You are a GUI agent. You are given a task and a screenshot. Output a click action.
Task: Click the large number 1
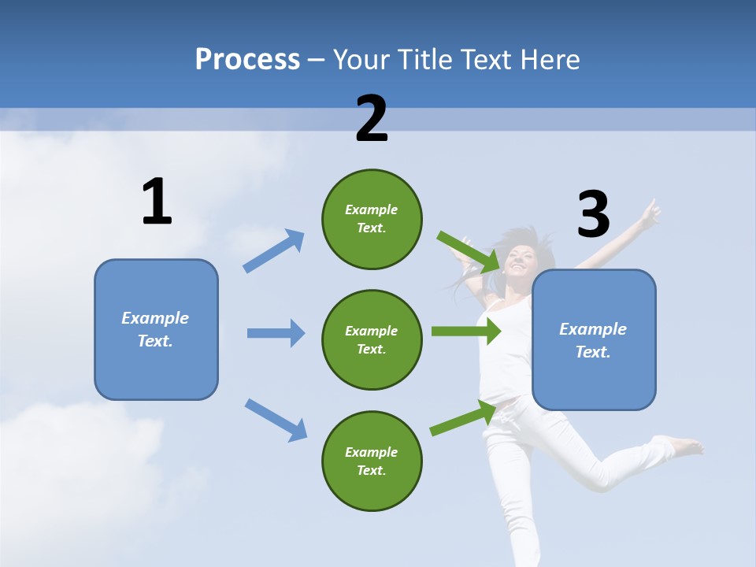point(157,202)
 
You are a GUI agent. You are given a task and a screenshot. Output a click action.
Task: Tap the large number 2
point(372,119)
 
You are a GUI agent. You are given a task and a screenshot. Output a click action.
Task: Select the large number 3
point(593,214)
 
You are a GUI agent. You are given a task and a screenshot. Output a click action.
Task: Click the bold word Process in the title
point(247,59)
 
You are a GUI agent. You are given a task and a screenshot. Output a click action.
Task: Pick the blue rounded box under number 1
point(156,329)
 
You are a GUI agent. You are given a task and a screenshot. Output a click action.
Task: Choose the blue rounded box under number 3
point(594,339)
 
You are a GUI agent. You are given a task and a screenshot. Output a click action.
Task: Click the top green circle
point(372,219)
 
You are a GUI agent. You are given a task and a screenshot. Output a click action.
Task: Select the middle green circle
point(372,339)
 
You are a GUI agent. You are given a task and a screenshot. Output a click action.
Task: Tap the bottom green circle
point(372,461)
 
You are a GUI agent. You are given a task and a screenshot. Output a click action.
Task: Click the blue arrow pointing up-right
point(274,250)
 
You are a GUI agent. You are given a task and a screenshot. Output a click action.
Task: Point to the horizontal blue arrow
point(276,333)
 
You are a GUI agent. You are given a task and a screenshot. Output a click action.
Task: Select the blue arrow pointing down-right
point(276,420)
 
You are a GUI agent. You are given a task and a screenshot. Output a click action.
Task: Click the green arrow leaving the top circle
point(469,251)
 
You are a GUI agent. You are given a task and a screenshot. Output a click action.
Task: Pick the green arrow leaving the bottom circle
point(464,417)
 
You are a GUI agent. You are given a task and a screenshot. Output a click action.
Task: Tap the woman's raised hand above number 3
point(650,211)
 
